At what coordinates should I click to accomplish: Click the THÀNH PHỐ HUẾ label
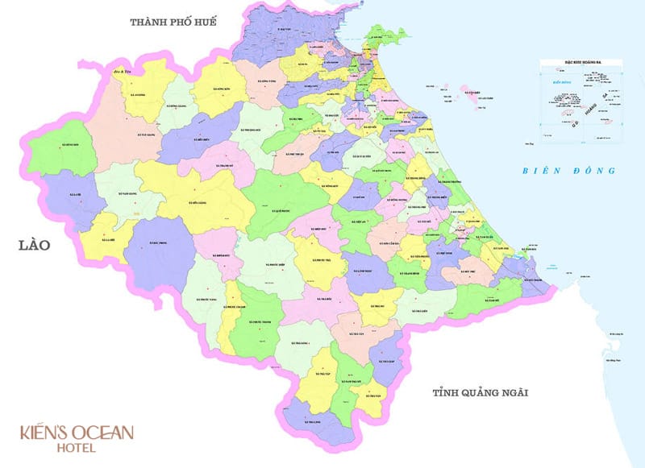(x=173, y=23)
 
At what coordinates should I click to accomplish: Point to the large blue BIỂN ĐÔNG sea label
(x=568, y=171)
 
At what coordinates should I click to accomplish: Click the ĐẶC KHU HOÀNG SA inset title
(x=583, y=63)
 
